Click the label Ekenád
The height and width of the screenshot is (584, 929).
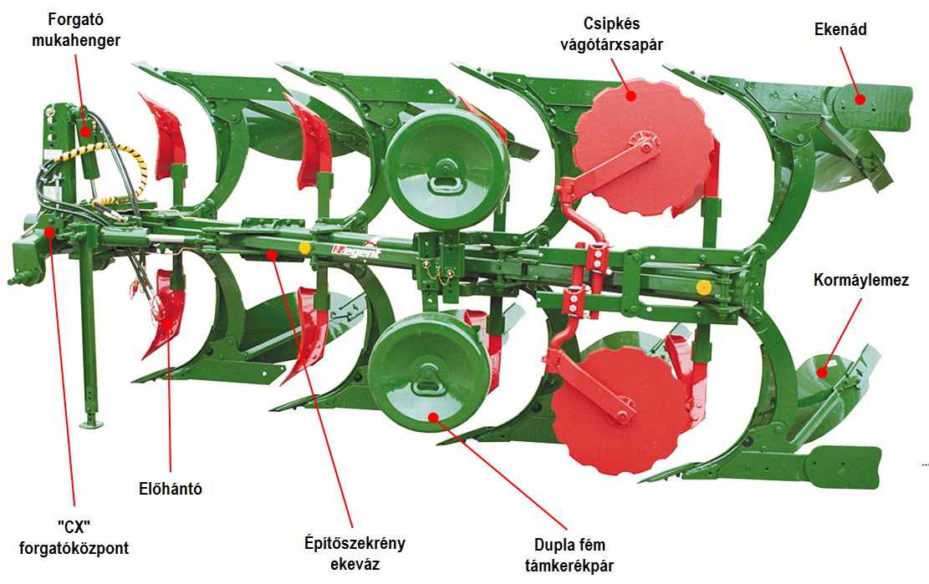pos(840,29)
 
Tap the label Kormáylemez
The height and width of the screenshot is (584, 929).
pos(860,280)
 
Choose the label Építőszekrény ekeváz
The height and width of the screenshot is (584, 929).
pos(354,553)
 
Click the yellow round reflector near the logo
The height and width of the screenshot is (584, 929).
pos(304,248)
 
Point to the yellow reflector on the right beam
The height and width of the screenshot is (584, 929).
pos(703,287)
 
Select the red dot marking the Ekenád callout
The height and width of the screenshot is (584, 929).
pos(860,98)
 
